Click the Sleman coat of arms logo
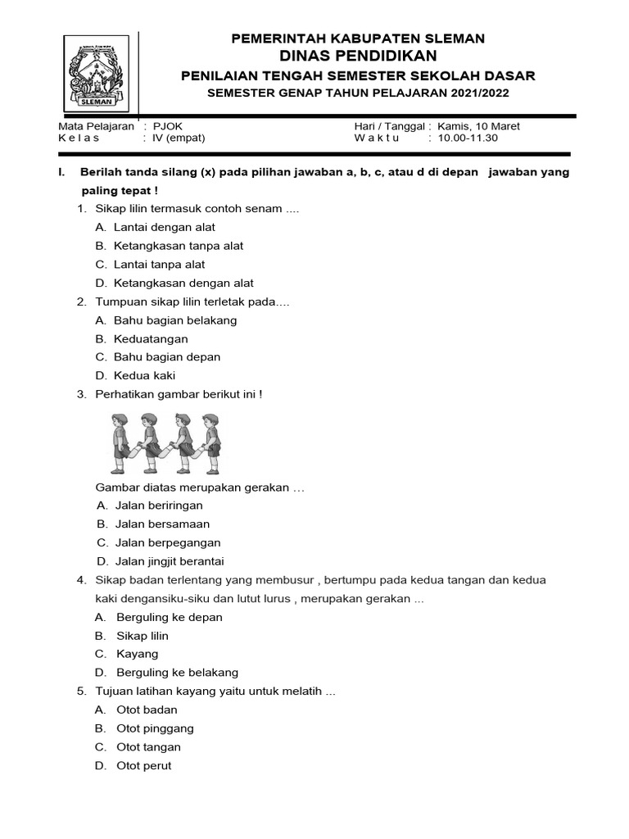pyautogui.click(x=97, y=74)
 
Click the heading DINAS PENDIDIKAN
pyautogui.click(x=358, y=56)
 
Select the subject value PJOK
pyautogui.click(x=167, y=126)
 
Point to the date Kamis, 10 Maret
pyautogui.click(x=479, y=126)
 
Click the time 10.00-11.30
pyautogui.click(x=468, y=138)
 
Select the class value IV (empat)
pyautogui.click(x=179, y=138)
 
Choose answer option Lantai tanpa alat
pyautogui.click(x=159, y=265)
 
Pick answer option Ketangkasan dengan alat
pyautogui.click(x=183, y=283)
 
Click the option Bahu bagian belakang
pyautogui.click(x=175, y=320)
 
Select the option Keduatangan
pyautogui.click(x=151, y=338)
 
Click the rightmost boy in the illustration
pyautogui.click(x=211, y=442)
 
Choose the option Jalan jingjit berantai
pyautogui.click(x=170, y=561)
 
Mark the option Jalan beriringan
pyautogui.click(x=159, y=506)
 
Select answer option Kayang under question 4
pyautogui.click(x=137, y=654)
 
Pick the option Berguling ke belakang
pyautogui.click(x=177, y=673)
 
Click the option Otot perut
pyautogui.click(x=144, y=765)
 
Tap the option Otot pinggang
pyautogui.click(x=154, y=728)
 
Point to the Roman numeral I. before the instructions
pyautogui.click(x=61, y=172)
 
